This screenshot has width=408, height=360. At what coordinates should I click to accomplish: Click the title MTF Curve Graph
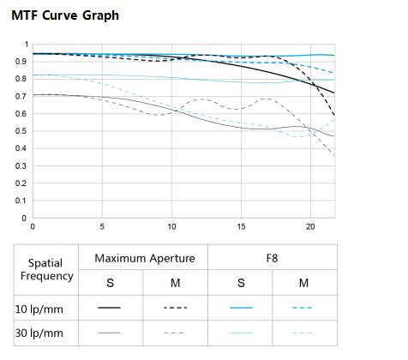click(x=65, y=15)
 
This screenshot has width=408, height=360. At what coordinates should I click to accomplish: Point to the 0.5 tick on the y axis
click(x=21, y=131)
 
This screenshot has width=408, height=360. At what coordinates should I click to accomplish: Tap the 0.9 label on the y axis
click(x=21, y=62)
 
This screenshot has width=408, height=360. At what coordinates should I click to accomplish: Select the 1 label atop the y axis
click(x=27, y=45)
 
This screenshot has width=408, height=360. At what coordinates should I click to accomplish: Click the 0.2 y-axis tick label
click(x=21, y=183)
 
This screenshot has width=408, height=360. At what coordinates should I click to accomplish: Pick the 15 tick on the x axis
click(x=241, y=227)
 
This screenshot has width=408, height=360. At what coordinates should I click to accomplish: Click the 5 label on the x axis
click(x=102, y=227)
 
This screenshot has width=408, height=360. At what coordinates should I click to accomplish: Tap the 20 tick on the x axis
click(x=310, y=227)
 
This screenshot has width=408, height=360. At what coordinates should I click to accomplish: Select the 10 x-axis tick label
click(x=171, y=227)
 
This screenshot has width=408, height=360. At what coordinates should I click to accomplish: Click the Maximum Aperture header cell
click(x=145, y=258)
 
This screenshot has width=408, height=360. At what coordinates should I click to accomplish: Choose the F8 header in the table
click(x=272, y=258)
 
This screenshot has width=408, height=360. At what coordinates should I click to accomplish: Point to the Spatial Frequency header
click(x=46, y=269)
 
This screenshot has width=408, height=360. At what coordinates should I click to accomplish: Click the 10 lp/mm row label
click(x=39, y=309)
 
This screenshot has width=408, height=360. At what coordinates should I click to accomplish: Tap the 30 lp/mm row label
click(x=39, y=333)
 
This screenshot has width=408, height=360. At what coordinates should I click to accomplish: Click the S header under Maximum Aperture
click(x=111, y=283)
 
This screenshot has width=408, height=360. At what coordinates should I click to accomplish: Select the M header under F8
click(x=303, y=283)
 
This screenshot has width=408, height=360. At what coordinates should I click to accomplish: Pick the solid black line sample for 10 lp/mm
click(x=109, y=308)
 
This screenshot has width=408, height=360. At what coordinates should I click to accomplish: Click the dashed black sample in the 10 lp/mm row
click(x=176, y=308)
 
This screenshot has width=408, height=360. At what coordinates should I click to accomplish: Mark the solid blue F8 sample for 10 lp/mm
click(x=241, y=308)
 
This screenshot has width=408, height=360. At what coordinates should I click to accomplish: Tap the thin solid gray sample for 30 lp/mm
click(x=109, y=333)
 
